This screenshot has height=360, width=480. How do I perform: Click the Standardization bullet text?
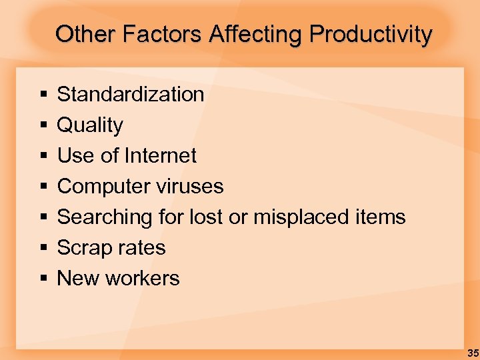pos(131,94)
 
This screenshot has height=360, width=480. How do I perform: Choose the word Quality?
pos(90,125)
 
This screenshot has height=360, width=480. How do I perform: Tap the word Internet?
pos(164,155)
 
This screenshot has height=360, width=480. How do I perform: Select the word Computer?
pos(97,186)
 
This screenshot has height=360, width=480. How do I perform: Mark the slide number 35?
pos(472,353)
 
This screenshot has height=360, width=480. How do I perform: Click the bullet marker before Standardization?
pos(43,95)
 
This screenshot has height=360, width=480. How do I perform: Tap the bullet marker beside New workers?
pos(43,279)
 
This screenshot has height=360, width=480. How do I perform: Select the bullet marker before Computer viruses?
pos(43,187)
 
